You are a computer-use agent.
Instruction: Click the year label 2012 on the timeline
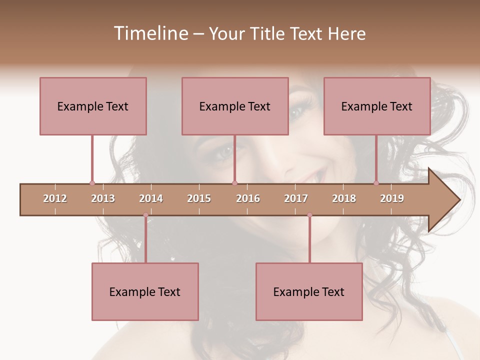click(55, 198)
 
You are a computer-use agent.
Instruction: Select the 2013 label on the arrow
click(103, 198)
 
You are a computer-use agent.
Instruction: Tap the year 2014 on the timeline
click(151, 198)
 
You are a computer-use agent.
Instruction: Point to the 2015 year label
click(199, 198)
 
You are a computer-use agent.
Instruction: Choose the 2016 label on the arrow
click(248, 198)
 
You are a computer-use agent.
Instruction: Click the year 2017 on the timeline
click(296, 198)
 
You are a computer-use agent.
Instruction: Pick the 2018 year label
click(344, 198)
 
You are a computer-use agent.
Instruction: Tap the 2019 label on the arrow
click(392, 198)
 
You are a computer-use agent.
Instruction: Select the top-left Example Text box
click(93, 106)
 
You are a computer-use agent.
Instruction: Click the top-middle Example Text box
click(235, 106)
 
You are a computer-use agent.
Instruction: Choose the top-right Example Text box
click(377, 106)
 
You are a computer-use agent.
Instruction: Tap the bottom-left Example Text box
click(145, 291)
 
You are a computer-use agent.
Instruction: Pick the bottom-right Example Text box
click(309, 291)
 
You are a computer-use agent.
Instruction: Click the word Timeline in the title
click(150, 33)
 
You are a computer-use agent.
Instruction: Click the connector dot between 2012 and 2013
click(92, 183)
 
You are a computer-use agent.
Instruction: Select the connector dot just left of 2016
click(234, 183)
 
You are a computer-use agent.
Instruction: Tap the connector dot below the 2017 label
click(309, 215)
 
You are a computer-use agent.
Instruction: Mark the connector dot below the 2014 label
click(145, 215)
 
